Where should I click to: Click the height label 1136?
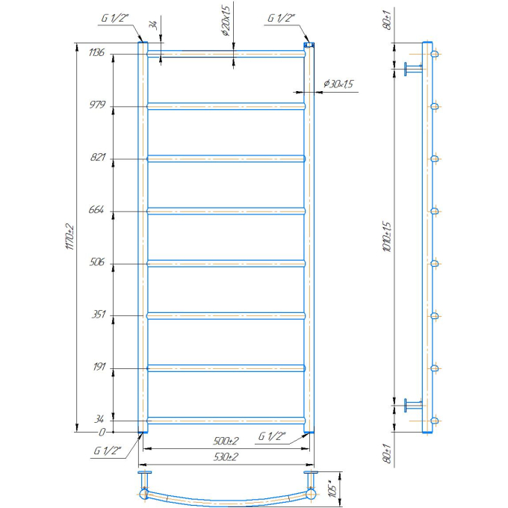(96, 52)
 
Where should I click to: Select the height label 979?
(98, 105)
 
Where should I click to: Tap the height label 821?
(98, 157)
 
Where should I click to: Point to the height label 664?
(96, 210)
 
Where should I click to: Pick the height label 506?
(97, 261)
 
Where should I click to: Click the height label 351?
(99, 314)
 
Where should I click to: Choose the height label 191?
(99, 366)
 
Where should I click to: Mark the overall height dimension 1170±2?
(70, 237)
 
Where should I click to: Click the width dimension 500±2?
(226, 441)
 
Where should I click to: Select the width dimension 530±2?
(226, 456)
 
